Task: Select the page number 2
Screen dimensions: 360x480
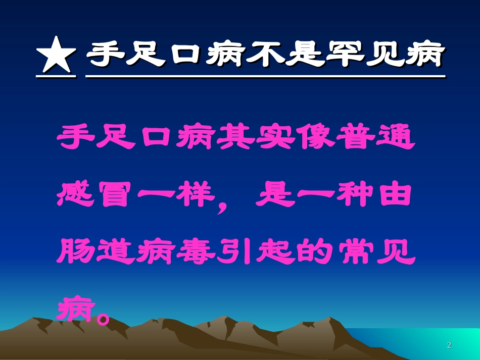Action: (449, 345)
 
